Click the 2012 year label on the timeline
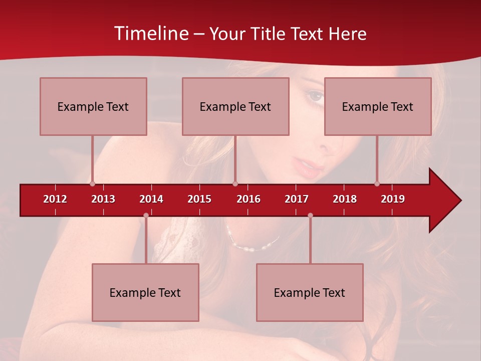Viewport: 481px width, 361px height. pyautogui.click(x=55, y=199)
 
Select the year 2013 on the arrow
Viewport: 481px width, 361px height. pyautogui.click(x=103, y=199)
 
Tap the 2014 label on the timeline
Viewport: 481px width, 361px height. pyautogui.click(x=151, y=199)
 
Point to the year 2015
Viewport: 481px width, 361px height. pyautogui.click(x=199, y=199)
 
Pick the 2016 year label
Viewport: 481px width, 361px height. pyautogui.click(x=249, y=199)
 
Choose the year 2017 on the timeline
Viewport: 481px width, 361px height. pyautogui.click(x=297, y=199)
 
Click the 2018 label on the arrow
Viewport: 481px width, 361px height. pyautogui.click(x=345, y=199)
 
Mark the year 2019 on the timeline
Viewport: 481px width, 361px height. pyautogui.click(x=393, y=199)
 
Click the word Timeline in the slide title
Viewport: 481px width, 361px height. pyautogui.click(x=151, y=34)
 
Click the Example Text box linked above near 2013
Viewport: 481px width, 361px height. pyautogui.click(x=93, y=106)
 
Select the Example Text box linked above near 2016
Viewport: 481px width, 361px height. pyautogui.click(x=235, y=106)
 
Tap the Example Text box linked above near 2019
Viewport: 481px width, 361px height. pyautogui.click(x=378, y=106)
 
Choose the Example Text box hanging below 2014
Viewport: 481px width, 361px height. pyautogui.click(x=145, y=292)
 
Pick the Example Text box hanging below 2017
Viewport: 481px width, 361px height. pyautogui.click(x=310, y=292)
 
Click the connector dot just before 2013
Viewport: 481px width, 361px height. pyautogui.click(x=92, y=184)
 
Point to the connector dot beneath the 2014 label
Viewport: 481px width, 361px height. pyautogui.click(x=146, y=216)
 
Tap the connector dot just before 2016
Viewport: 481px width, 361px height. pyautogui.click(x=235, y=184)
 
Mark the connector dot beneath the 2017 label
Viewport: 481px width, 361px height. pyautogui.click(x=310, y=216)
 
